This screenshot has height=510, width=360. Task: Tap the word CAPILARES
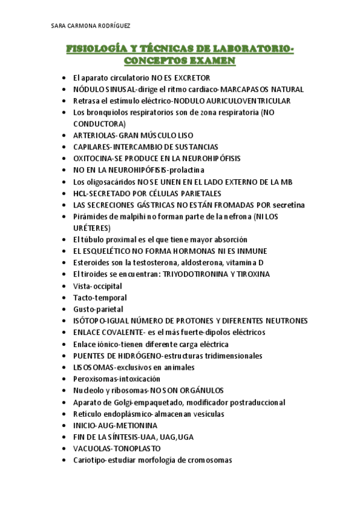pos(94,147)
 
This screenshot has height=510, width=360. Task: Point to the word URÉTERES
pos(91,228)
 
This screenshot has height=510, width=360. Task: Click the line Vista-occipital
pos(97,286)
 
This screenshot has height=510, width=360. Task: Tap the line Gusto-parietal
pos(98,309)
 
